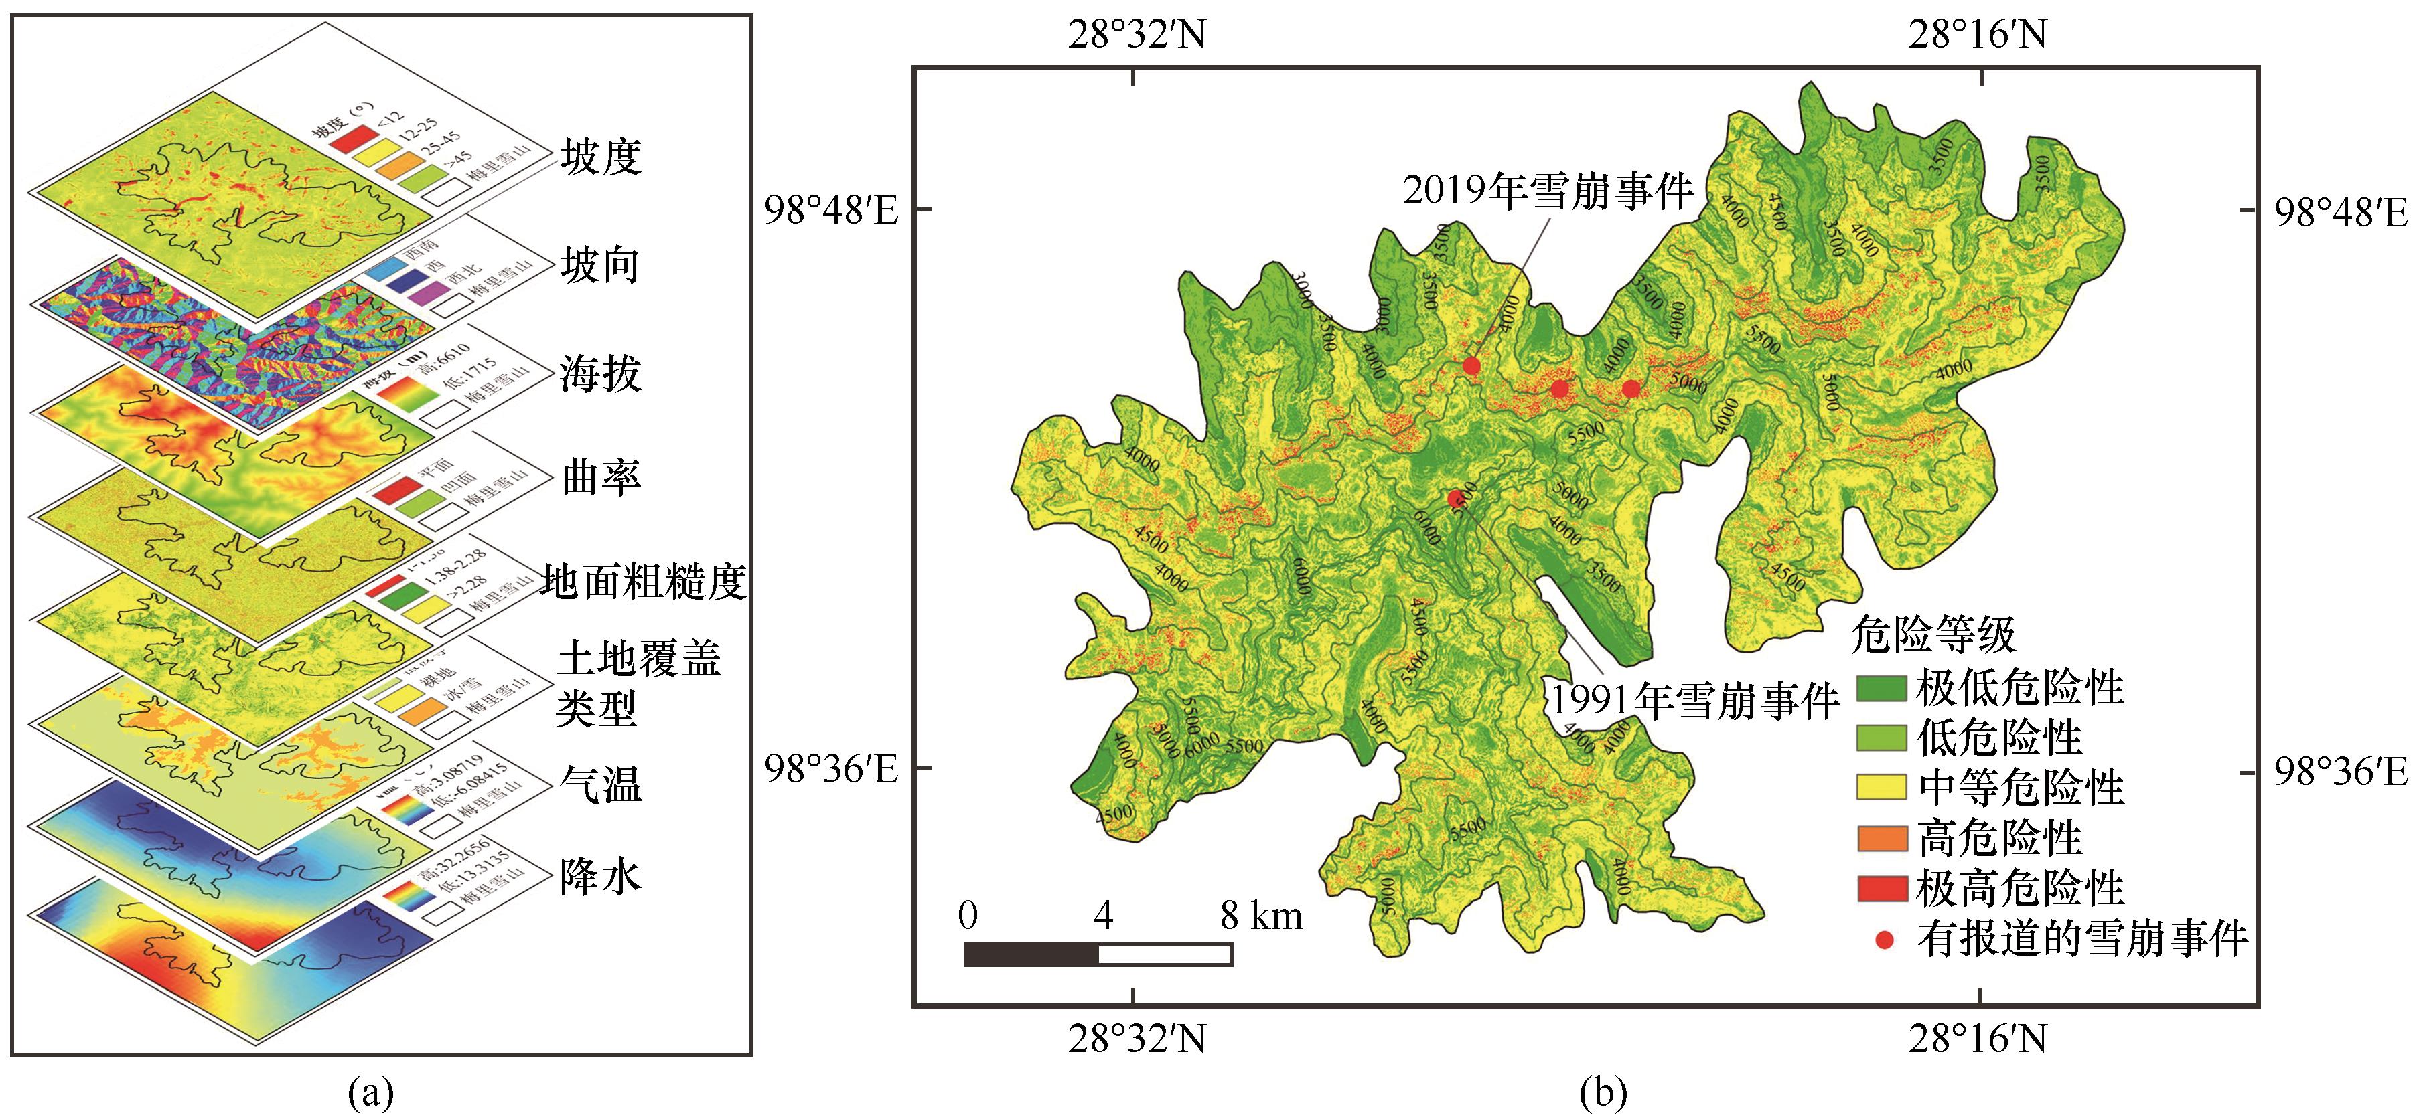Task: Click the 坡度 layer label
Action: pos(601,157)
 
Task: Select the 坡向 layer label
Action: pos(601,265)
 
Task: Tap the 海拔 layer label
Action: pos(601,373)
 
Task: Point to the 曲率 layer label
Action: pos(601,478)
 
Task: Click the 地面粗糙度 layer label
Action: pos(643,582)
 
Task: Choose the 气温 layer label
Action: pos(601,784)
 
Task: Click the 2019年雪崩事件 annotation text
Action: pos(1548,191)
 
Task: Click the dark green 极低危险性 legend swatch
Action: pos(1881,689)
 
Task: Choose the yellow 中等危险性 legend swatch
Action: pos(1881,787)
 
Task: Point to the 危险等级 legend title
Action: pos(1933,635)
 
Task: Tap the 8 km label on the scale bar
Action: pos(1261,916)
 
